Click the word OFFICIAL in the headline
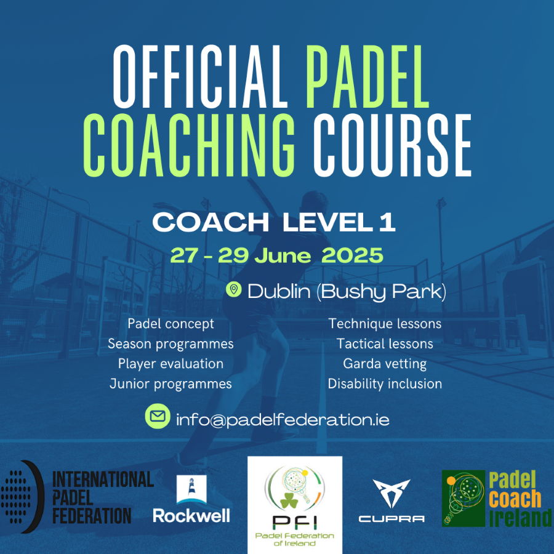200,77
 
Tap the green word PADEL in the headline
367,77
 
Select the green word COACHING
189,145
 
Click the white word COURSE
393,145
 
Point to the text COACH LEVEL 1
274,222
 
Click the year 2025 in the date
352,255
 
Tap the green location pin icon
233,289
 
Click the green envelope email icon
158,416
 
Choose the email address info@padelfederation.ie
283,419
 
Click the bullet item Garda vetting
385,364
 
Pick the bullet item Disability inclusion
385,383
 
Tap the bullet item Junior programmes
171,384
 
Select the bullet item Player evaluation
171,364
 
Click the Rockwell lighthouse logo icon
191,489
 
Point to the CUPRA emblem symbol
391,493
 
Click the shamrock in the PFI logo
290,500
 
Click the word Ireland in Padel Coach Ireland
520,518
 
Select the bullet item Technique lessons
385,324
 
